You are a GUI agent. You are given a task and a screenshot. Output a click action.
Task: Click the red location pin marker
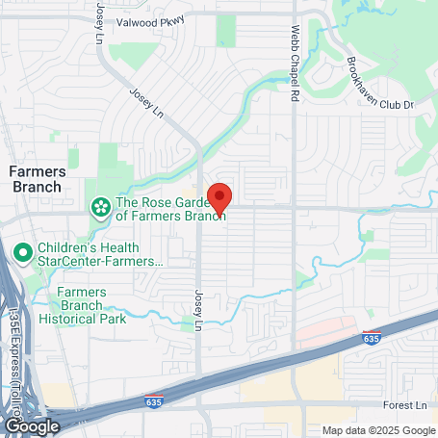(x=219, y=197)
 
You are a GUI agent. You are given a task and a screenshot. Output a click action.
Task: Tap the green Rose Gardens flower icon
(x=99, y=207)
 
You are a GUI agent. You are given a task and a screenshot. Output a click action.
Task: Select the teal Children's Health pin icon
(x=23, y=253)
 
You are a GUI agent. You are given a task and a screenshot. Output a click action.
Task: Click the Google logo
(x=32, y=425)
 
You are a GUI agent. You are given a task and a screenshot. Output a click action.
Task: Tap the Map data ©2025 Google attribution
(x=378, y=430)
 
